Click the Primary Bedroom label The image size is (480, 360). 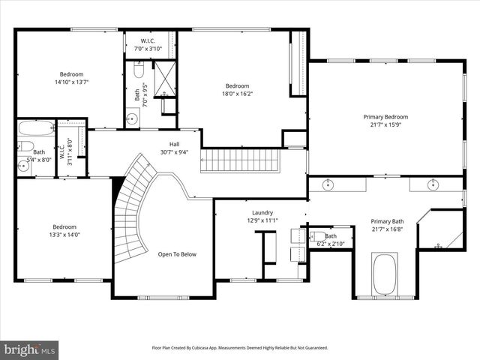pyautogui.click(x=385, y=117)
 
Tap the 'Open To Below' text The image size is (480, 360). pyautogui.click(x=177, y=254)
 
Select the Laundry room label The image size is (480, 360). pyautogui.click(x=262, y=212)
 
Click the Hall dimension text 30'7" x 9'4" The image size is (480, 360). pyautogui.click(x=174, y=152)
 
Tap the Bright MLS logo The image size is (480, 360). pyautogui.click(x=30, y=349)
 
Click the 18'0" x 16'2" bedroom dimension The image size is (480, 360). pyautogui.click(x=237, y=94)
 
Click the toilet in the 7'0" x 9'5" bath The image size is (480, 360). pyautogui.click(x=139, y=71)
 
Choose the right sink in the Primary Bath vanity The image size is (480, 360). pyautogui.click(x=433, y=184)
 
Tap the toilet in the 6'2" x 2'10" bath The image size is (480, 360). pyautogui.click(x=319, y=236)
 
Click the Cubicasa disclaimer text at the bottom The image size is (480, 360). pyautogui.click(x=240, y=348)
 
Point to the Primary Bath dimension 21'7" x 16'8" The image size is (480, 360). pyautogui.click(x=388, y=230)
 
